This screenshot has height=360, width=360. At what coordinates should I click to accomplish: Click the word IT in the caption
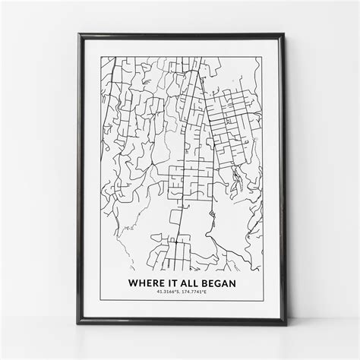169,282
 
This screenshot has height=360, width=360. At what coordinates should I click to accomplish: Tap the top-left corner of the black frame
78,33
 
